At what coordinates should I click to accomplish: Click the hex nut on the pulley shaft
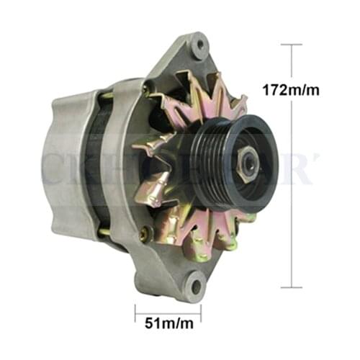(248, 163)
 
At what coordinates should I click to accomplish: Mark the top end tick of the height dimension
(291, 45)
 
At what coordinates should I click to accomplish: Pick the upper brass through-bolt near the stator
(106, 95)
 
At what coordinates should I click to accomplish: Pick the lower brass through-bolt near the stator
(105, 232)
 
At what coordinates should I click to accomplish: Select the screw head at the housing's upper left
(146, 89)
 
